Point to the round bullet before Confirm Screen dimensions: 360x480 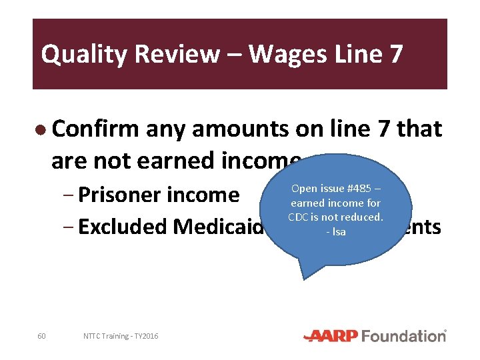(41, 129)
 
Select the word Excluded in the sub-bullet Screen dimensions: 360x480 (123, 227)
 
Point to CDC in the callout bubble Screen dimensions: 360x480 (297, 217)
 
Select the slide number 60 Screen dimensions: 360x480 (41, 336)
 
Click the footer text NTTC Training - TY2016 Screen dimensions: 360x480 (121, 336)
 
